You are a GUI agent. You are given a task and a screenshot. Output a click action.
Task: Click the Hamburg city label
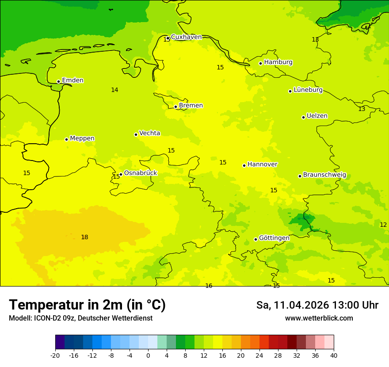click(278, 62)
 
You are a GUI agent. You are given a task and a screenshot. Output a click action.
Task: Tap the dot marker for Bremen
click(175, 107)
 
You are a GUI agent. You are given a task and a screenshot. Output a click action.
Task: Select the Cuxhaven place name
click(186, 37)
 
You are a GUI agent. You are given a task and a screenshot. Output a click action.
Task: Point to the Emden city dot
click(58, 81)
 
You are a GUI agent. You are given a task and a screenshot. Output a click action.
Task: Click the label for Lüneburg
click(308, 90)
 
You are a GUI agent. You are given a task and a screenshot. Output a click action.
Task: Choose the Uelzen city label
click(317, 116)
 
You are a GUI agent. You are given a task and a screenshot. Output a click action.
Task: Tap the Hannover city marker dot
click(244, 165)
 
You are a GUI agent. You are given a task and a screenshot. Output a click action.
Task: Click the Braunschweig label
click(324, 175)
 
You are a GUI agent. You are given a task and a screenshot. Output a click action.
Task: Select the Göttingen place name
click(274, 238)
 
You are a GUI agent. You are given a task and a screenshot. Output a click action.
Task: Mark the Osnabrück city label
click(141, 173)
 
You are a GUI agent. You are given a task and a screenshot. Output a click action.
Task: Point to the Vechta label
click(149, 133)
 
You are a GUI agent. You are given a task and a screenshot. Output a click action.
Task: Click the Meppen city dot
click(66, 139)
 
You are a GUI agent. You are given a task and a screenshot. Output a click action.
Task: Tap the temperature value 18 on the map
click(84, 237)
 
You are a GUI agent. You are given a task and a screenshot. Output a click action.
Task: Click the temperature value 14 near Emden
click(114, 90)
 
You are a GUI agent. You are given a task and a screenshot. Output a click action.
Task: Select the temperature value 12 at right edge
click(383, 225)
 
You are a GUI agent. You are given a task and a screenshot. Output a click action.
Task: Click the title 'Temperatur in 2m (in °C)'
click(87, 305)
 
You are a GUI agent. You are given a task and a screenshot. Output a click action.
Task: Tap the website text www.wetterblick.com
click(319, 318)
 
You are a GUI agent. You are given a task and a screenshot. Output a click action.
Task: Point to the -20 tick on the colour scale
click(55, 355)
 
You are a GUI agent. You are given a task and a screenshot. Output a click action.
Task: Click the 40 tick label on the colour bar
click(333, 355)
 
